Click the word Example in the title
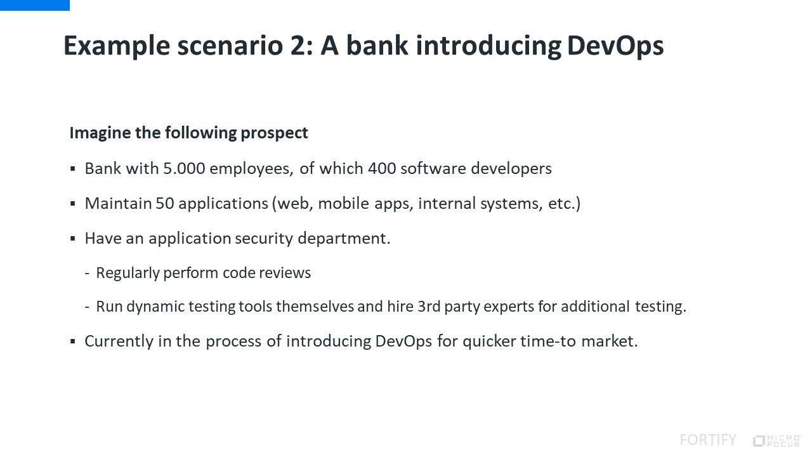(117, 46)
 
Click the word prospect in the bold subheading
(274, 133)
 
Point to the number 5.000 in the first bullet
(184, 169)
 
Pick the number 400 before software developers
(382, 169)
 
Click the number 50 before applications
(165, 204)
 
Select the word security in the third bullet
(264, 239)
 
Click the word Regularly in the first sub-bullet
(128, 273)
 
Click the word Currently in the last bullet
(119, 341)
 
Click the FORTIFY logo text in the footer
(708, 440)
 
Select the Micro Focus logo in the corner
(777, 440)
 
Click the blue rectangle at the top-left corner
(35, 6)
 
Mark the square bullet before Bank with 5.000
(73, 169)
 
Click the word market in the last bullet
(610, 341)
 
